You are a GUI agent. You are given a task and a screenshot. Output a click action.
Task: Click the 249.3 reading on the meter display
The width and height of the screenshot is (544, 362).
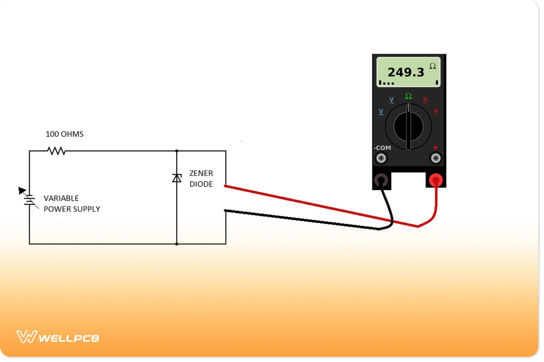(406, 72)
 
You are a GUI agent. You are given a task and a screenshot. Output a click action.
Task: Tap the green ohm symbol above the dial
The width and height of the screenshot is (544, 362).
(408, 96)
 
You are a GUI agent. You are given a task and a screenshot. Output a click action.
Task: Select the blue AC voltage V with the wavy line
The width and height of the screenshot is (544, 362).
(391, 100)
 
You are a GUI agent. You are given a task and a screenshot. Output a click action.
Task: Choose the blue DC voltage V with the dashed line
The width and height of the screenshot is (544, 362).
(381, 112)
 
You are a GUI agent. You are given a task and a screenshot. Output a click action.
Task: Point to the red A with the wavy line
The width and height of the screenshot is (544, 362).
(436, 112)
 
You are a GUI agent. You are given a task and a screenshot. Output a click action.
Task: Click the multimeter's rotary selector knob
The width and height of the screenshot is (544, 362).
(408, 126)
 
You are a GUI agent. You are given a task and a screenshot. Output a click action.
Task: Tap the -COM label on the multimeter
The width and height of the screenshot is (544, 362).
(382, 148)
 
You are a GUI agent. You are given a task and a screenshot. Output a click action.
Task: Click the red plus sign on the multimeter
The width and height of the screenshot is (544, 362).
(435, 147)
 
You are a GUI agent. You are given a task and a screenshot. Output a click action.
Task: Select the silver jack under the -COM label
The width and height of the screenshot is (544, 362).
(381, 158)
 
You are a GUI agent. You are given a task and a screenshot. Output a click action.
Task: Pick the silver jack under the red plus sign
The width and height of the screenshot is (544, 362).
(436, 158)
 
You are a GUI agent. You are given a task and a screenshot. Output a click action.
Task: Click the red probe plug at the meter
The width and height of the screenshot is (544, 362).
(436, 181)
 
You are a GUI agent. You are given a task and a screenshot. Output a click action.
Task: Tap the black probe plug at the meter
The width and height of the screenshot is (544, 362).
(381, 181)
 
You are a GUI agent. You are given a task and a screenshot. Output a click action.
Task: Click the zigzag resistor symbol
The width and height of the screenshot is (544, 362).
(56, 151)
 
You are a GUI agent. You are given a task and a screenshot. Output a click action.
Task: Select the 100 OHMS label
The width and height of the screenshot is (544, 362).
(64, 134)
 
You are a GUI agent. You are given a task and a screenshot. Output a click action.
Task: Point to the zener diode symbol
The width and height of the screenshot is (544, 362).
(177, 178)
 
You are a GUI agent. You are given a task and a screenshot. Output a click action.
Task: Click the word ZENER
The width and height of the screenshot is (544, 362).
(201, 173)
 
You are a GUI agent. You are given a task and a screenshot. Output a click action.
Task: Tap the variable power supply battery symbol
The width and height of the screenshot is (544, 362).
(29, 200)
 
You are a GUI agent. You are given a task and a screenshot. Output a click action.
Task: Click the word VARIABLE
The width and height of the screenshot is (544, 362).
(61, 198)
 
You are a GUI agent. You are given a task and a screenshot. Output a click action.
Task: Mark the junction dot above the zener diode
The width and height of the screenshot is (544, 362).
(177, 151)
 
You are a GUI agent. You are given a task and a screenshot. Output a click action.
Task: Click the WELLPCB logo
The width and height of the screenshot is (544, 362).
(58, 337)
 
